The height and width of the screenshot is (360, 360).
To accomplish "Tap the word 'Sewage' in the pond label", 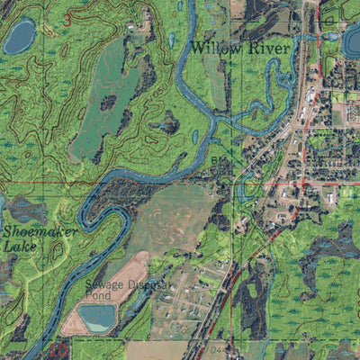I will pyautogui.click(x=105, y=285).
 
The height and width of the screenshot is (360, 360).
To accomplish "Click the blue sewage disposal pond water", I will pyautogui.click(x=96, y=318).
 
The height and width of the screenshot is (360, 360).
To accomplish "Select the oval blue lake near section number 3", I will pyautogui.click(x=19, y=37).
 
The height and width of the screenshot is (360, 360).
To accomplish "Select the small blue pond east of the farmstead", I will pyautogui.click(x=172, y=40).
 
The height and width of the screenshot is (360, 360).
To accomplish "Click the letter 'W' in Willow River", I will pyautogui.click(x=198, y=48).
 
